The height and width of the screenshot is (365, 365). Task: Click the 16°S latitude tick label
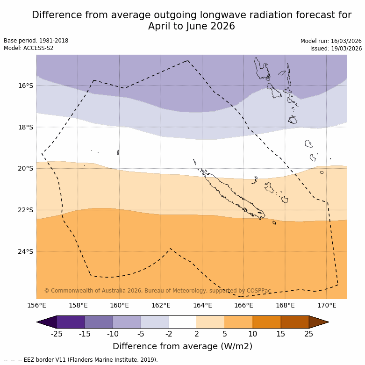pos(26,86)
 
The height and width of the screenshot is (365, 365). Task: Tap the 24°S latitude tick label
pos(26,251)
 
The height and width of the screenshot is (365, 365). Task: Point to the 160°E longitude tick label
pos(119,306)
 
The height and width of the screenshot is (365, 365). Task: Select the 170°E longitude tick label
pos(326,306)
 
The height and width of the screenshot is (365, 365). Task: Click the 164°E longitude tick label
pos(202,306)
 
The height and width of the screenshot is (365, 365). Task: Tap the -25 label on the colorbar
pos(57,334)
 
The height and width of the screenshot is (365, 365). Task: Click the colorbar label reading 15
pos(281,334)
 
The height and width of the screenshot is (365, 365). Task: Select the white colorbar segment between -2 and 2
pos(183,322)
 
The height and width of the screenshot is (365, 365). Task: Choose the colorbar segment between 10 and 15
pos(267,322)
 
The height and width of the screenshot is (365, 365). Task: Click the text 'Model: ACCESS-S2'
pos(29,48)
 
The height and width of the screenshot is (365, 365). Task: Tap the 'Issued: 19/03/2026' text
pos(336,49)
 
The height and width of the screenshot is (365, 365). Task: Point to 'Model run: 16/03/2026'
pos(331,41)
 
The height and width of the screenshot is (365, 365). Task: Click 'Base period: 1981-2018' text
pos(36,41)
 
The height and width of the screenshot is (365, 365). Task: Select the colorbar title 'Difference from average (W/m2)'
pos(182,346)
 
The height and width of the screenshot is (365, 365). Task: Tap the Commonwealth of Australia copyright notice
pos(157,291)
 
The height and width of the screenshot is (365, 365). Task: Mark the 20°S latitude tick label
pos(26,168)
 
